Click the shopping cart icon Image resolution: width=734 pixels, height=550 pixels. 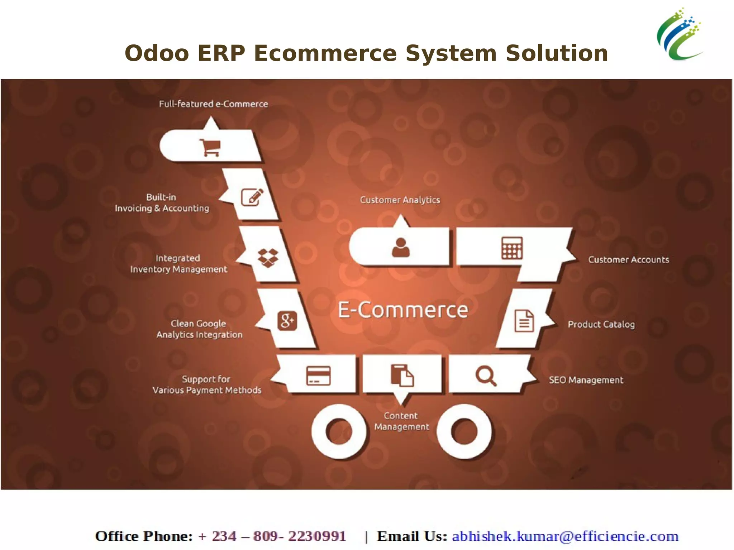coord(210,147)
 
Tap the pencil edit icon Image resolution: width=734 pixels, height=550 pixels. coord(252,197)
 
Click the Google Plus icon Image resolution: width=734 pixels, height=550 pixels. coord(287,320)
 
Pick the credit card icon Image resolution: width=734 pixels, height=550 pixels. coord(318,376)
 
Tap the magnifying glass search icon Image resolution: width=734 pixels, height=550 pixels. coord(486,376)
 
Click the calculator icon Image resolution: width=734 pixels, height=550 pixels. coord(512,248)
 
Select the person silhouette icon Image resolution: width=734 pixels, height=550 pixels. coord(401,248)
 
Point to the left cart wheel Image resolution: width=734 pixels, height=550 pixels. coord(339,431)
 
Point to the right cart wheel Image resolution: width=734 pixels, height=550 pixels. coord(464,431)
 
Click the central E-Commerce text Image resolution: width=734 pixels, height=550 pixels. coord(403,310)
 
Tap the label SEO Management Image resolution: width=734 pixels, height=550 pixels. coord(586,380)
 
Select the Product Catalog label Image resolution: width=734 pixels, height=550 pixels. coord(601,324)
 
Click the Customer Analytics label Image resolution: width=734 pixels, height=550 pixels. coord(400,200)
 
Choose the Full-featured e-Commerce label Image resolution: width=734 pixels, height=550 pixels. coord(214,104)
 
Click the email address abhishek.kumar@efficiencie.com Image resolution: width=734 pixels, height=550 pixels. coord(565,536)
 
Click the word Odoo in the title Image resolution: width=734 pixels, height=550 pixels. coord(157,53)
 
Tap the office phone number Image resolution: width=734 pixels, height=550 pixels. coord(272,536)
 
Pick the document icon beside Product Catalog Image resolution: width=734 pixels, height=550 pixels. coord(524,321)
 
